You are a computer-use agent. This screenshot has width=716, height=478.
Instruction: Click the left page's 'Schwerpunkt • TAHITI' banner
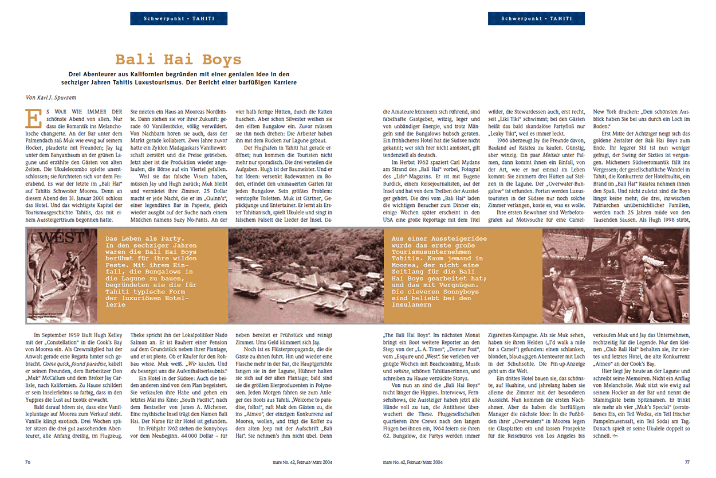pos(178,19)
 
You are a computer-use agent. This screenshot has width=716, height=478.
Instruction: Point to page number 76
pos(27,461)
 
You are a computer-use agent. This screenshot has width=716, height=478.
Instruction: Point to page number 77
pos(687,461)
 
